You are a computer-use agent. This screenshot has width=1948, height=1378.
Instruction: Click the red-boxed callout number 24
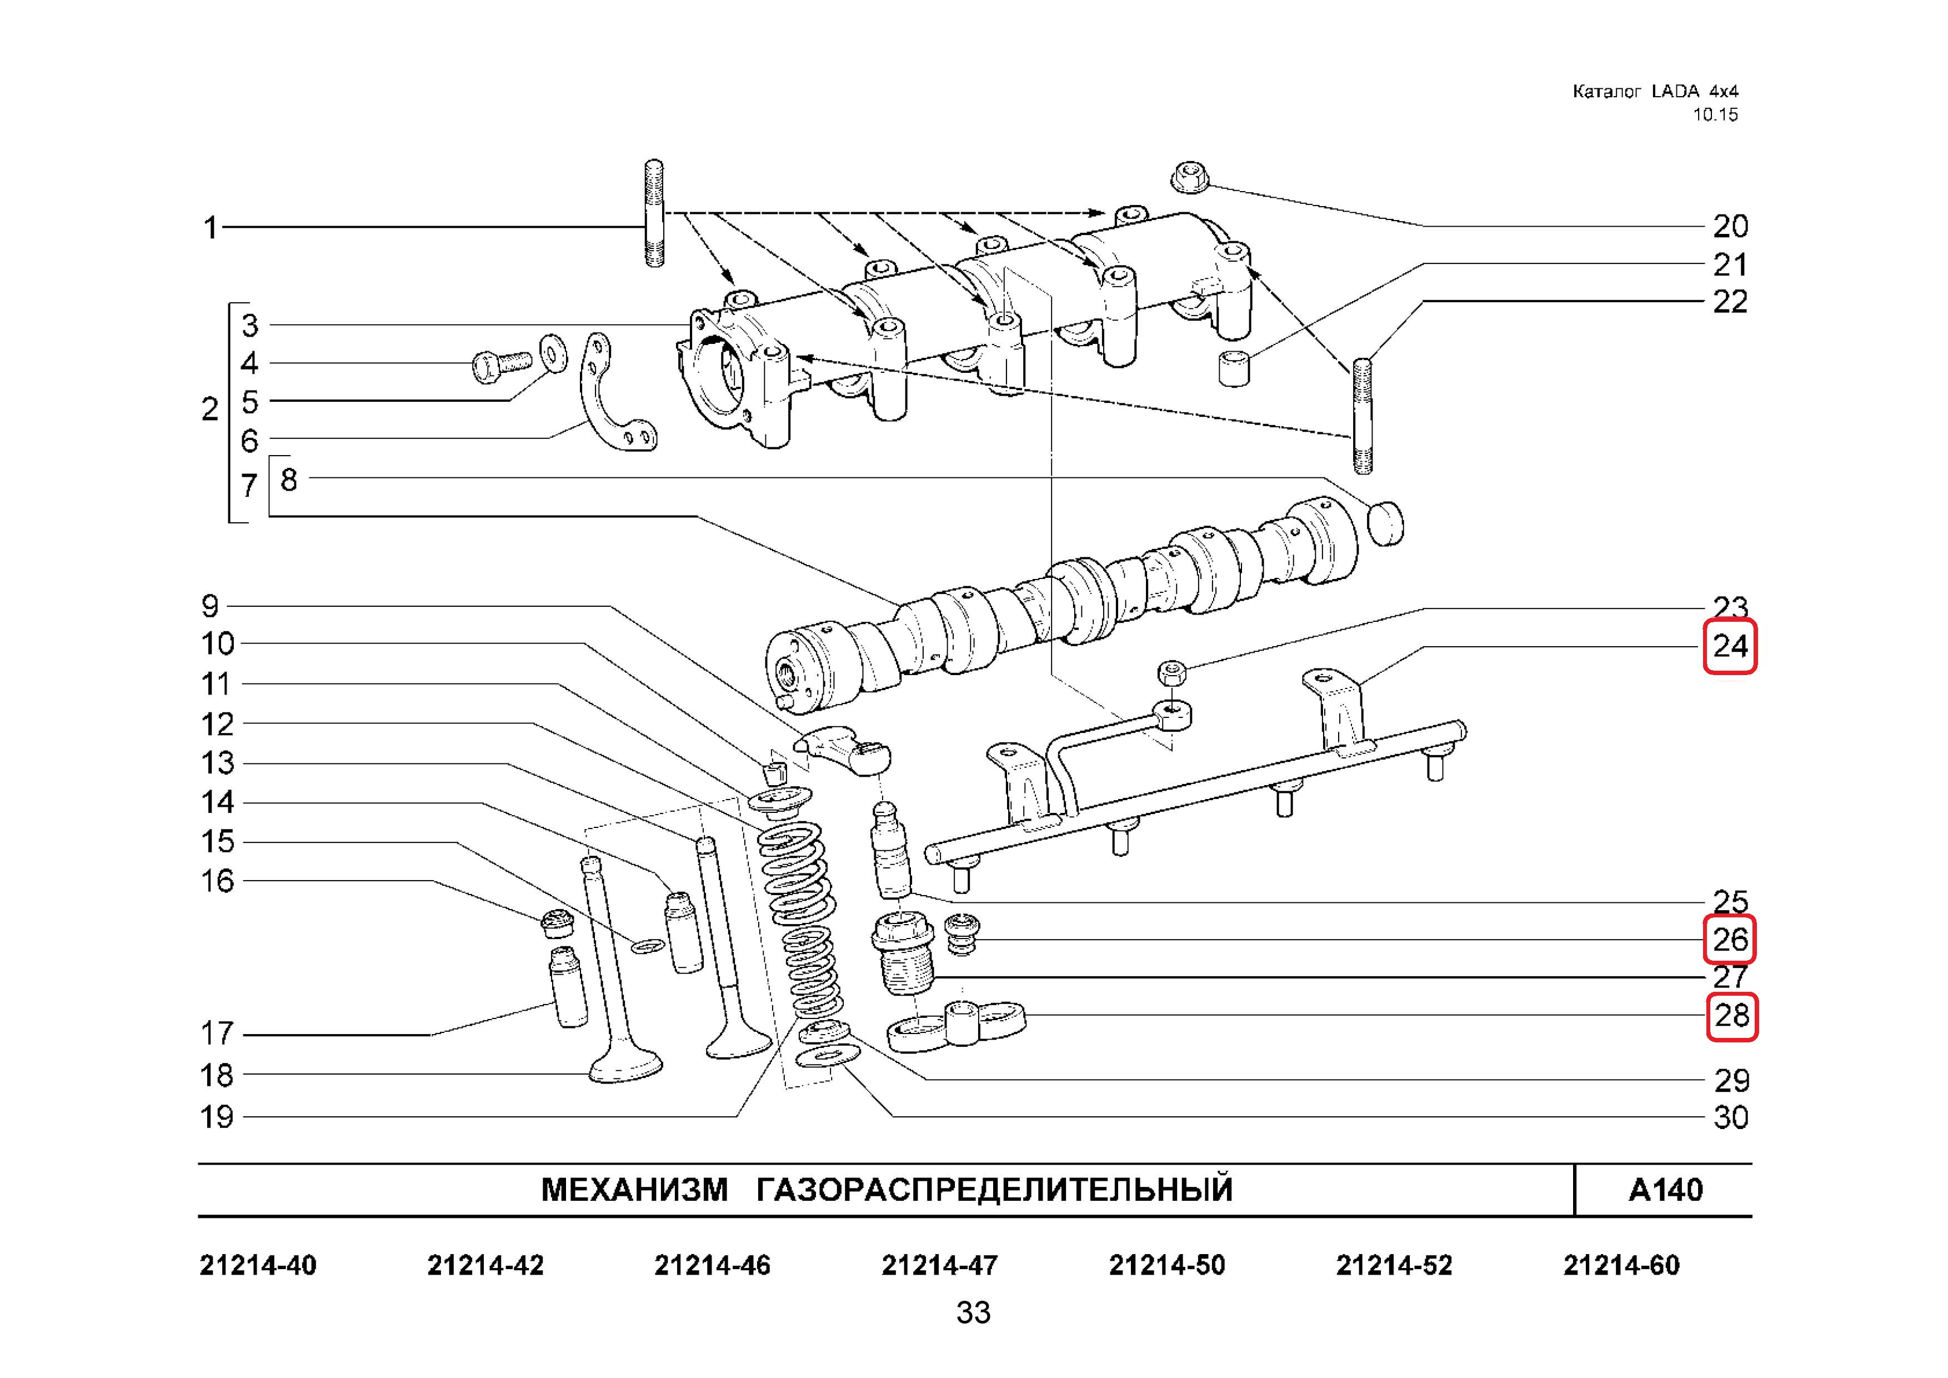pos(1729,647)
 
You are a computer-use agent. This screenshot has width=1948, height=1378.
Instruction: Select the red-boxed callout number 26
pos(1729,940)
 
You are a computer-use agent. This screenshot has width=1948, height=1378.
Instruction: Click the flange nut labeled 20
pos(1189,177)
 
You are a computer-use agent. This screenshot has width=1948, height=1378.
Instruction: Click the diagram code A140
pos(1665,1191)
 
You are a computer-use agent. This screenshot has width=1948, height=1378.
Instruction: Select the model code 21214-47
pos(939,1266)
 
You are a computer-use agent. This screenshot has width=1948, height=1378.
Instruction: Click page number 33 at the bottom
pos(973,1312)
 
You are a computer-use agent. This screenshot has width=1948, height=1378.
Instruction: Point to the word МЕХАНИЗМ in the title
pos(634,1191)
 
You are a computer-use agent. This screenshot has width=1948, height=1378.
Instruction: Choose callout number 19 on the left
pos(216,1117)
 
